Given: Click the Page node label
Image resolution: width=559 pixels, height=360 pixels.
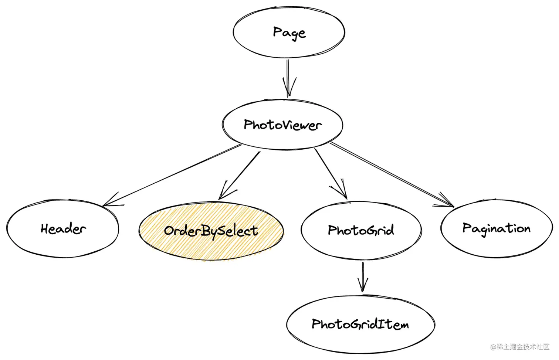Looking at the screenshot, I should tap(289, 33).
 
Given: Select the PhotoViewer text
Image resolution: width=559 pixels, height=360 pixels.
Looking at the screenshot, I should tap(282, 125).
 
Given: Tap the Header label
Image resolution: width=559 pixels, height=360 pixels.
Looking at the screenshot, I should tap(63, 229).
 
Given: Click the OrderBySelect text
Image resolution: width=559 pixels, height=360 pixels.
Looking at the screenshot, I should tap(211, 231).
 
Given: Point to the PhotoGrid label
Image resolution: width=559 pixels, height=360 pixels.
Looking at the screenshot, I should tap(361, 230).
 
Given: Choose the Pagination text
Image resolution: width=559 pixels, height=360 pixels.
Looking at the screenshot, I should tap(496, 228).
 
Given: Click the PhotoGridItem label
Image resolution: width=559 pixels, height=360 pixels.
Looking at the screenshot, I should tap(360, 324).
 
